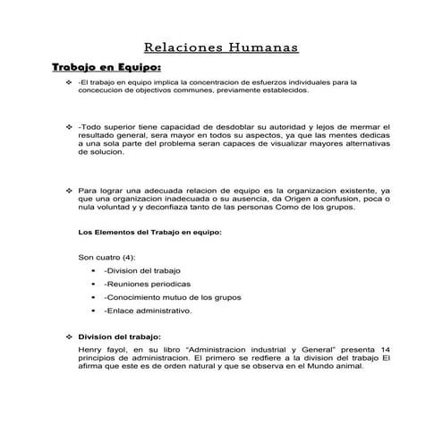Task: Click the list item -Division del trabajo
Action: [x=141, y=269]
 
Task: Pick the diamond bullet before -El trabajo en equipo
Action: [x=68, y=82]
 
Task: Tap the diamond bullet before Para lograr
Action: [x=68, y=191]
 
